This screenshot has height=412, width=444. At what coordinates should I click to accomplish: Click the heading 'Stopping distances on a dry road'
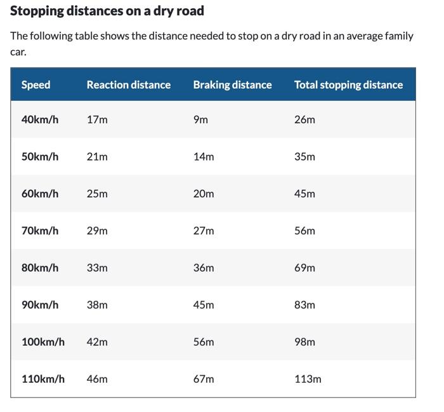107,11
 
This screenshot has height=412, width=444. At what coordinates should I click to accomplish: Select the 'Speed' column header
36,84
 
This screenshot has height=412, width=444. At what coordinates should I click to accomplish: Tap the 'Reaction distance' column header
129,84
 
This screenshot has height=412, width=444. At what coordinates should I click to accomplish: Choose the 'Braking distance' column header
232,84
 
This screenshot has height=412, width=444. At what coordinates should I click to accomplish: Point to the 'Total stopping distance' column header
348,84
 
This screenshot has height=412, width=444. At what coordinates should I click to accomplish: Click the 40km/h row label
40,119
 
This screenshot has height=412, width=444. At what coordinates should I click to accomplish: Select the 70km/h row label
40,230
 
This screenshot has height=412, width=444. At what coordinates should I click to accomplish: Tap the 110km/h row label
43,379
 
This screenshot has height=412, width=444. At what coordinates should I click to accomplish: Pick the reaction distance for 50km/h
97,156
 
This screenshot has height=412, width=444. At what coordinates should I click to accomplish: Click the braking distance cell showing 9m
200,119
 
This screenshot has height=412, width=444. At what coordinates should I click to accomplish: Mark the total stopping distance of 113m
308,379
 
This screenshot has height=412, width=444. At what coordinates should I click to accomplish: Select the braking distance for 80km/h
204,268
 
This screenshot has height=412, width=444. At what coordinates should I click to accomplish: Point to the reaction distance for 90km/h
97,305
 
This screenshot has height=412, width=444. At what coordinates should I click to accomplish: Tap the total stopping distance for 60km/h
304,194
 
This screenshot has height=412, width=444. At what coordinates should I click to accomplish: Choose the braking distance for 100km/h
204,342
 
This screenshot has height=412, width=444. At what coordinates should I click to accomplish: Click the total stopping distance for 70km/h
304,230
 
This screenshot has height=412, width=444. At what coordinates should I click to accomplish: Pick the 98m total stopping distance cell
304,342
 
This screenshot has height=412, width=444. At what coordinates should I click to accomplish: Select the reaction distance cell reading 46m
97,379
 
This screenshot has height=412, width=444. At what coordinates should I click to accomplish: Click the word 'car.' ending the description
18,51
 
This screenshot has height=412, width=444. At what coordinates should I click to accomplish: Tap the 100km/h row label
43,342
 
